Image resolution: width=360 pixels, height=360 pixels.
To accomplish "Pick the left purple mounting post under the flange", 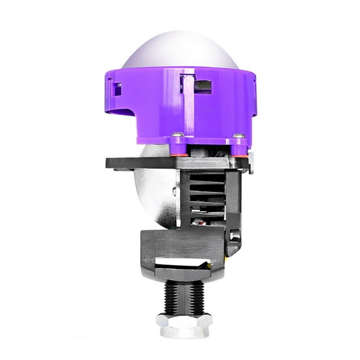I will pos(179,143).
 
